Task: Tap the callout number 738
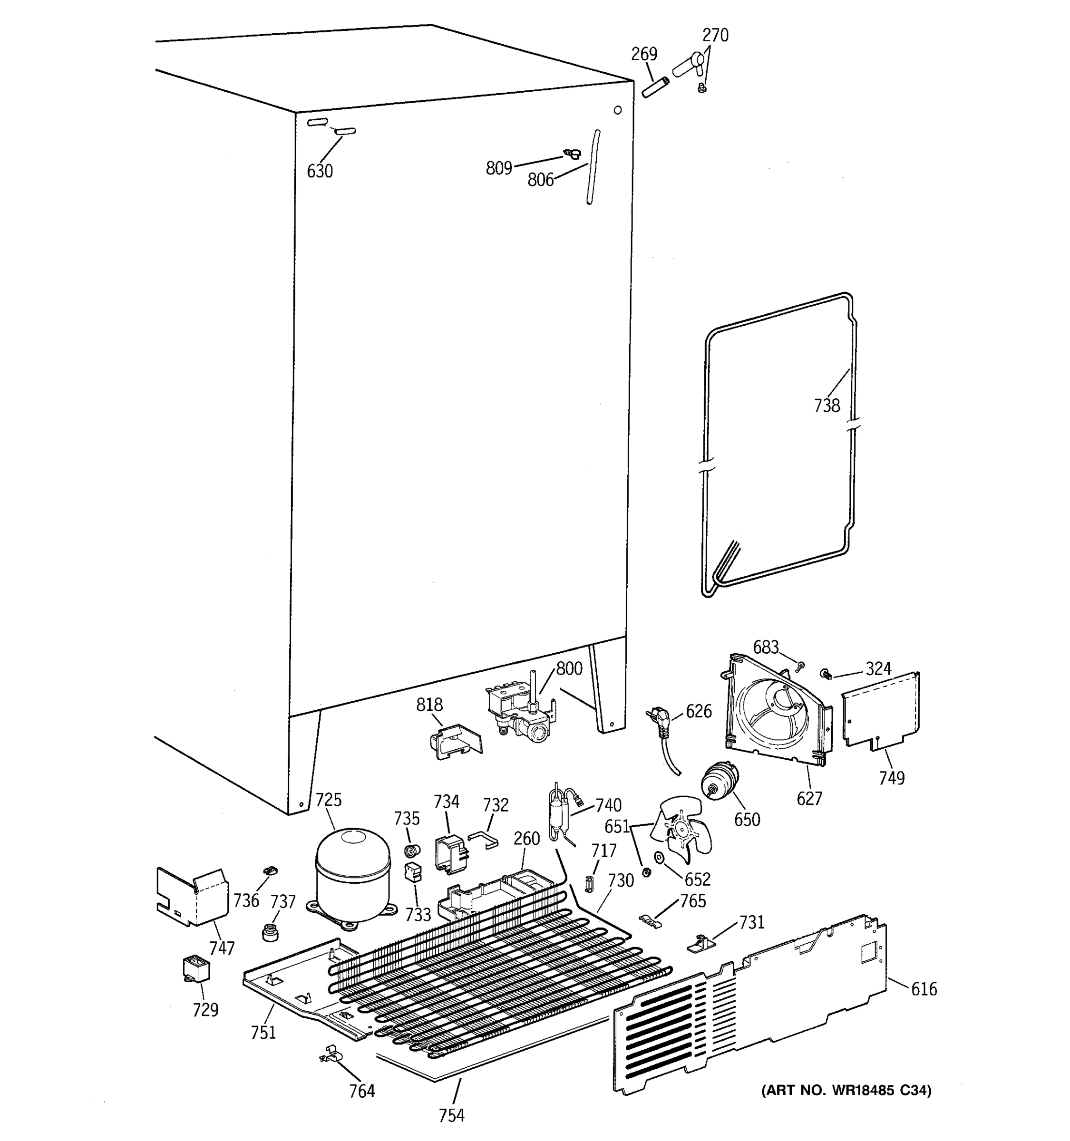click(827, 406)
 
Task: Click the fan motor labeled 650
click(718, 782)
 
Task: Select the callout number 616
click(924, 989)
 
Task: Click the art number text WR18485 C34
click(846, 1091)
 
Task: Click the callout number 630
click(320, 171)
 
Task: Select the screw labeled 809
click(572, 153)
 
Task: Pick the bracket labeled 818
click(455, 743)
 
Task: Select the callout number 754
click(451, 1115)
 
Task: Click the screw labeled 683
click(801, 666)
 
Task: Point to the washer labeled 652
click(659, 858)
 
